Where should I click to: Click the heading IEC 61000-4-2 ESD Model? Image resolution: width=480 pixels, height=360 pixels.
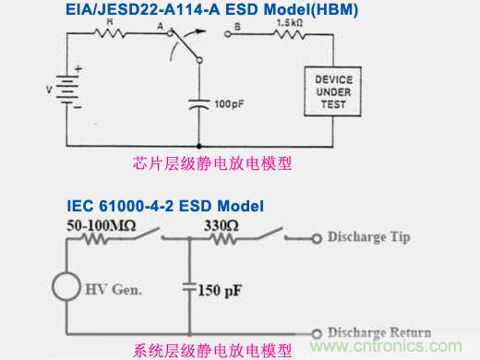coord(165,204)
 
